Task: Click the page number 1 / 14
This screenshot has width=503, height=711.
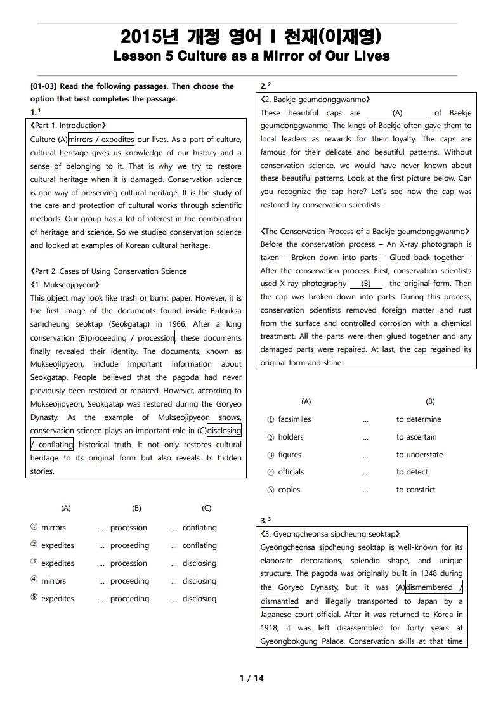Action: [251, 679]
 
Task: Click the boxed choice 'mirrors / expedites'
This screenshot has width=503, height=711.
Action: [101, 140]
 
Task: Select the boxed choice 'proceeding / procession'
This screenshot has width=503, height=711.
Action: [131, 338]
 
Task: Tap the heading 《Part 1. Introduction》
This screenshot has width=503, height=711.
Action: [68, 126]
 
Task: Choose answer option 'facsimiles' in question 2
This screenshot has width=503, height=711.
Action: [294, 419]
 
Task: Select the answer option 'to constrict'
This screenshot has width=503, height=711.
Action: [415, 490]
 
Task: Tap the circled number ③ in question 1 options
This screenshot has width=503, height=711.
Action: [34, 563]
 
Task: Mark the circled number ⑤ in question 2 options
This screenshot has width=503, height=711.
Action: [271, 490]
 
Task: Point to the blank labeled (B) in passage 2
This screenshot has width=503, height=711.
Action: [366, 284]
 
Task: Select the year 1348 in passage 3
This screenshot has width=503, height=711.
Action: [415, 574]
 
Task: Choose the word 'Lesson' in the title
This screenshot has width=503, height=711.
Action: [136, 56]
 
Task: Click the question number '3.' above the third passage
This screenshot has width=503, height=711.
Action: [264, 521]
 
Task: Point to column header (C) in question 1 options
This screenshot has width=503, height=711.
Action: [207, 508]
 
